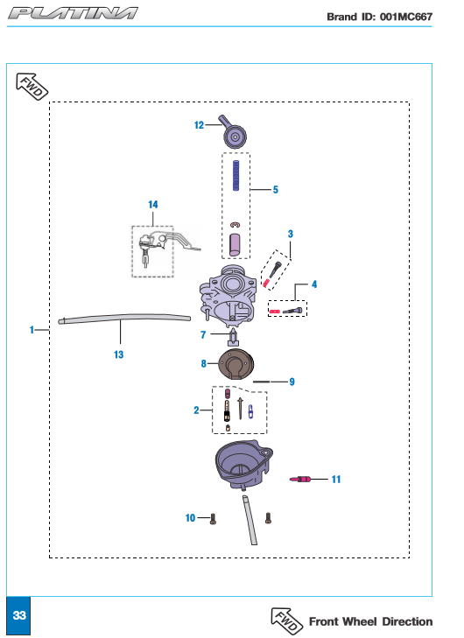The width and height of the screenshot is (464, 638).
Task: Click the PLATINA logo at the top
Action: [x=73, y=13]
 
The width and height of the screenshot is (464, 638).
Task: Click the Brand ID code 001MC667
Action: [x=406, y=17]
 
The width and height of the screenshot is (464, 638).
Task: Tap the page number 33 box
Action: [x=18, y=615]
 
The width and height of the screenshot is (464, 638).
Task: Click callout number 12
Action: [x=199, y=125]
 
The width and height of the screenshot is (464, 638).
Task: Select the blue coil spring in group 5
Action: [x=236, y=175]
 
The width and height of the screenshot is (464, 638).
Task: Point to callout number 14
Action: [x=153, y=204]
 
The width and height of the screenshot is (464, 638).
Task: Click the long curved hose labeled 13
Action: [x=124, y=319]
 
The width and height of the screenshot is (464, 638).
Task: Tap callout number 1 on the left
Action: [x=32, y=330]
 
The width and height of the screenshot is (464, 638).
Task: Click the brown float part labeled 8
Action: [x=236, y=364]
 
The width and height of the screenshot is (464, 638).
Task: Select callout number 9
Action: [x=292, y=382]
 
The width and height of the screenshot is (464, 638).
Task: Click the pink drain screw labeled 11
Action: [x=300, y=480]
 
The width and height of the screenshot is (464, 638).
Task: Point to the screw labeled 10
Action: [x=213, y=519]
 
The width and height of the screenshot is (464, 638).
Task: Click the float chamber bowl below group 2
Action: [x=243, y=464]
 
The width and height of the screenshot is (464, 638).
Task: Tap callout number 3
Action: [x=290, y=234]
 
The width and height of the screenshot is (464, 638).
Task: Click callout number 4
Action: [x=313, y=284]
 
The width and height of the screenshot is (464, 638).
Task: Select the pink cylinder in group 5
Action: [x=235, y=245]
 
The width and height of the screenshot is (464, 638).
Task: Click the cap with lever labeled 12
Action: [x=233, y=132]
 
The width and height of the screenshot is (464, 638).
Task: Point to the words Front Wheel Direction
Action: [x=371, y=621]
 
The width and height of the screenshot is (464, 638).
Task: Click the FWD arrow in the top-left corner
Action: [x=32, y=87]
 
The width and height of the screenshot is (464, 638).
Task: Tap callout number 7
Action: [x=203, y=335]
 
